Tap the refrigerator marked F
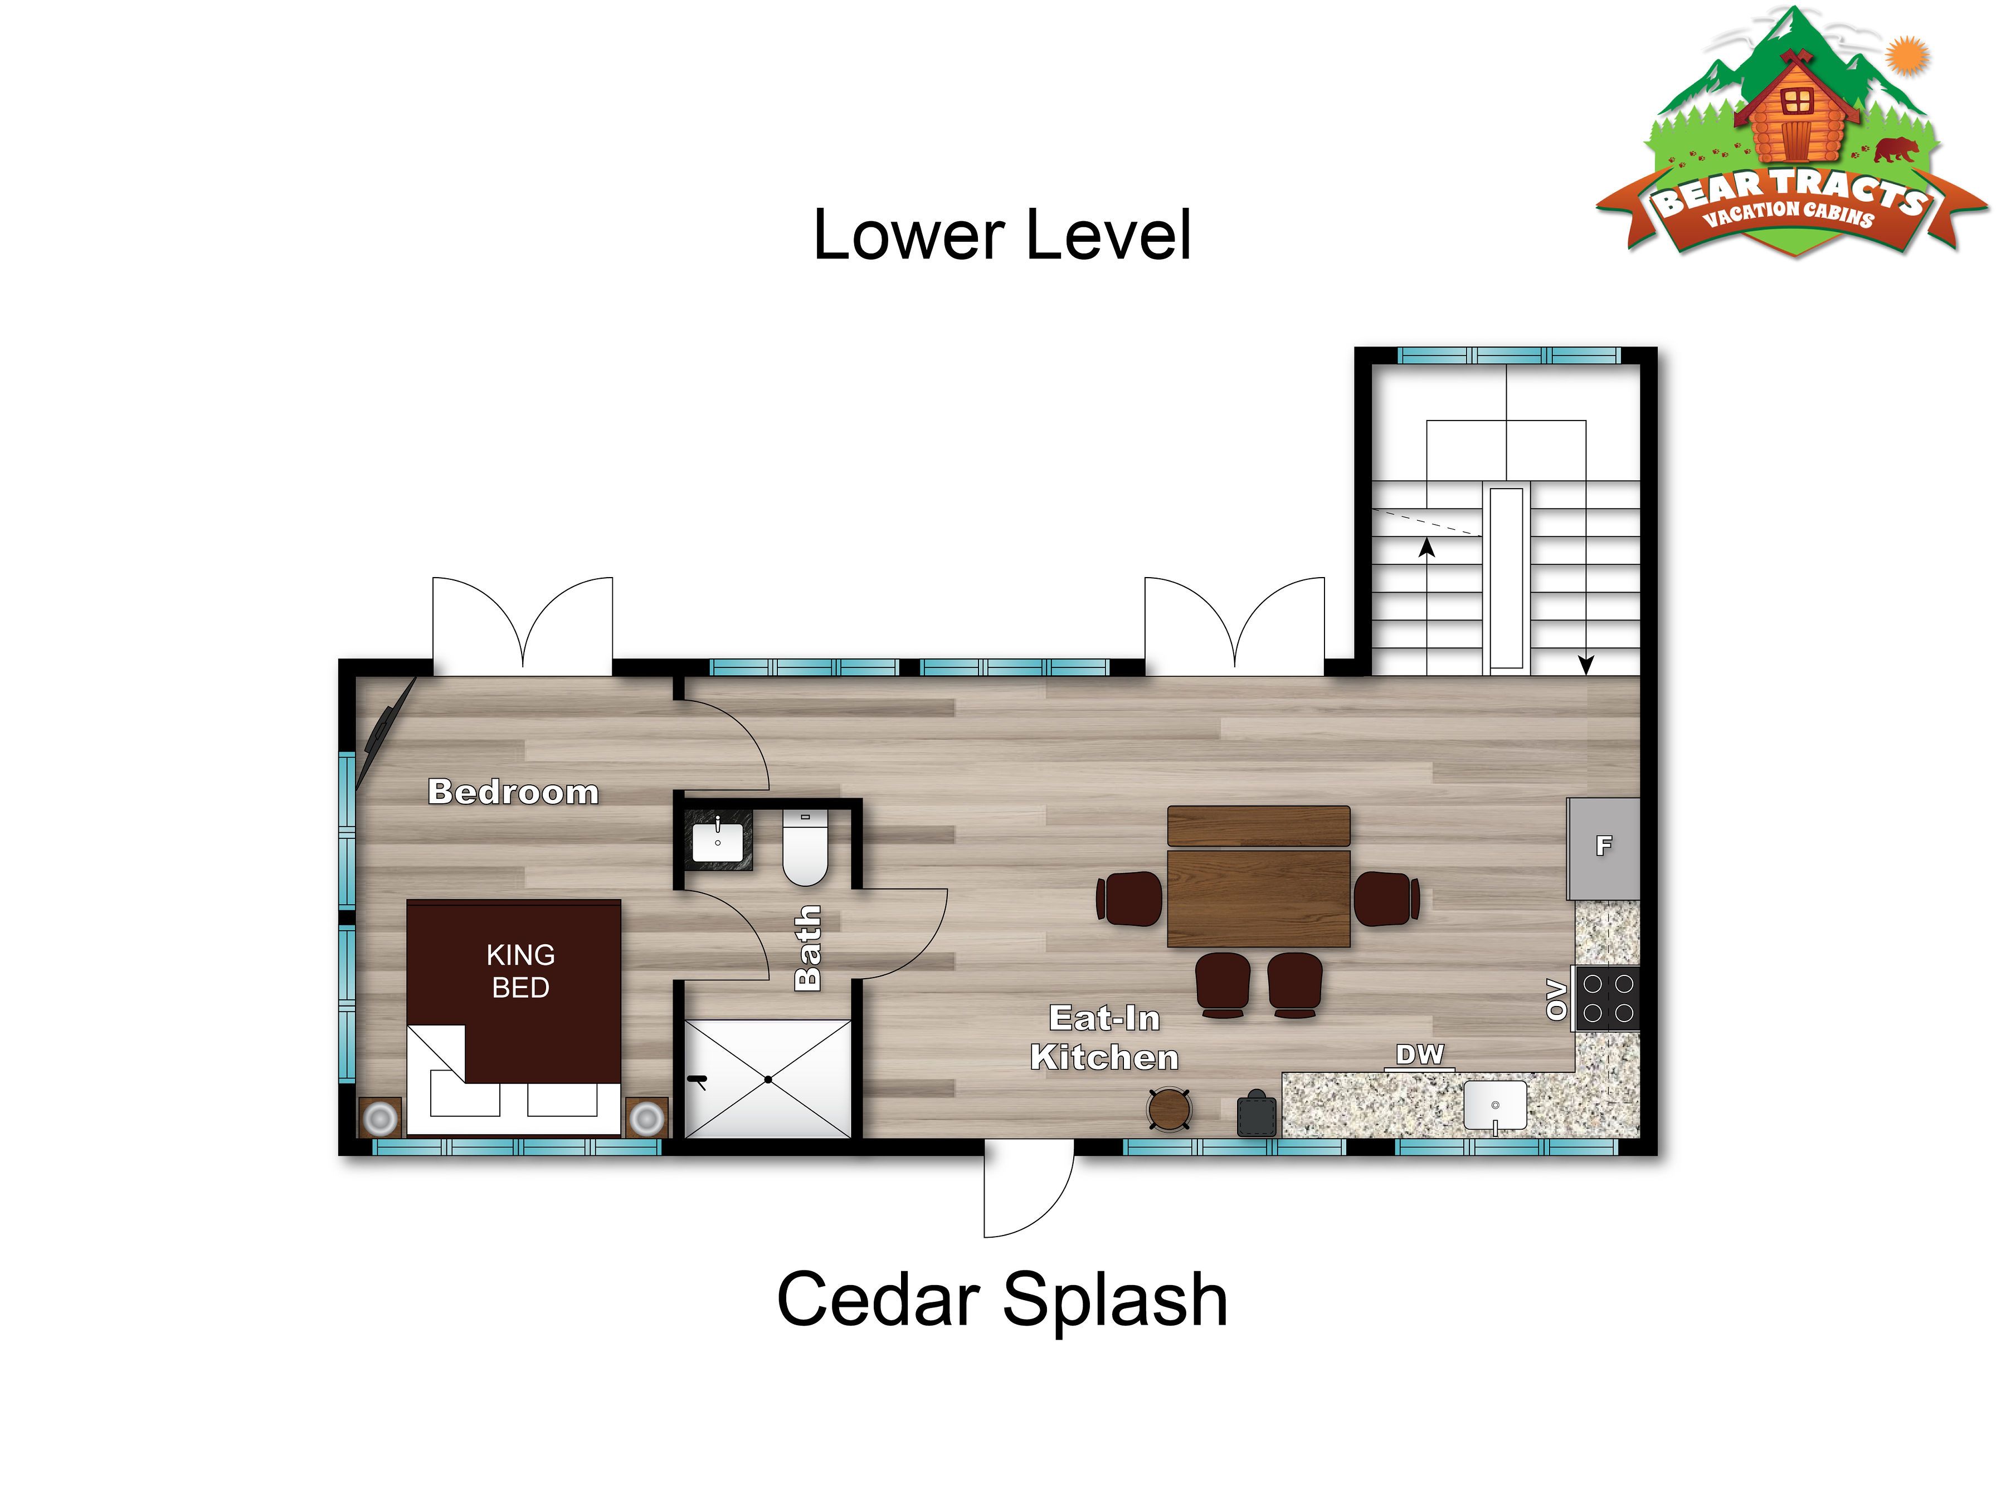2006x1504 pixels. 1603,848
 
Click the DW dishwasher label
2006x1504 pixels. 1419,1054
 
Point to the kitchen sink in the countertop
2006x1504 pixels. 1494,1106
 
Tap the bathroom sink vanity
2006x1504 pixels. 718,841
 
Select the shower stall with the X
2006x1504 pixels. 767,1079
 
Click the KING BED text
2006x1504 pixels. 520,971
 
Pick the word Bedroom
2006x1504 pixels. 513,792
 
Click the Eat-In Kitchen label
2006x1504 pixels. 1104,1038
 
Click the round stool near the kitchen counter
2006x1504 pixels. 1169,1109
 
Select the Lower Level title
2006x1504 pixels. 1002,235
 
